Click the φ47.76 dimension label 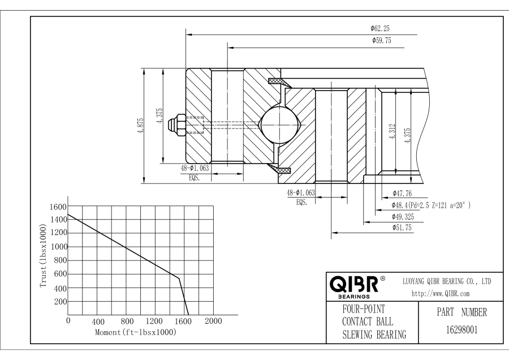pyautogui.click(x=402, y=194)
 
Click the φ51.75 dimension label pyautogui.click(x=402, y=228)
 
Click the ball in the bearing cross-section pyautogui.click(x=279, y=125)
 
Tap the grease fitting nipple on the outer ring pyautogui.click(x=178, y=125)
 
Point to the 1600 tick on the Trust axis pyautogui.click(x=59, y=206)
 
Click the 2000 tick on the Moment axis pyautogui.click(x=213, y=322)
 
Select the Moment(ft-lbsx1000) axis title pyautogui.click(x=136, y=332)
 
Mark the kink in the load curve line pyautogui.click(x=179, y=278)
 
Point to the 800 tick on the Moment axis pyautogui.click(x=127, y=322)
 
